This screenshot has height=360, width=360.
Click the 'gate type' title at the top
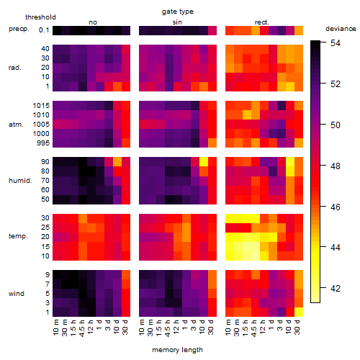pos(178,12)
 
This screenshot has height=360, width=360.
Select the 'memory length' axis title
pos(177,350)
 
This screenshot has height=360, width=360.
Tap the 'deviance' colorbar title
pos(341,29)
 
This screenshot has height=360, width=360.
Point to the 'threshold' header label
pos(40,17)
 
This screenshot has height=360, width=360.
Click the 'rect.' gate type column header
pos(262,22)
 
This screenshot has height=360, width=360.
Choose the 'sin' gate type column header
pos(177,22)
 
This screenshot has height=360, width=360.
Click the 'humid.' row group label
pos(20,181)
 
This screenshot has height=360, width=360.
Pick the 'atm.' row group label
pos(16,125)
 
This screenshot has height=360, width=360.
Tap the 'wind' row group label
pos(17,294)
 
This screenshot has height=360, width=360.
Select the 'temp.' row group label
pos(18,236)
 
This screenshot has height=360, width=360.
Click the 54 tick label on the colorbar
pos(336,43)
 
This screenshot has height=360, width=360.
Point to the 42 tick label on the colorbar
pos(336,288)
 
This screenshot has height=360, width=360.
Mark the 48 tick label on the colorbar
pos(336,166)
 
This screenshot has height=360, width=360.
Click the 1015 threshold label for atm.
pos(41,106)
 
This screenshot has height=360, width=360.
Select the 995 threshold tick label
pos(43,143)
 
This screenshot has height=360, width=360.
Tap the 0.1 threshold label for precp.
pos(44,30)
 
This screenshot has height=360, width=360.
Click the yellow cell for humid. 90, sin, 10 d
pos(204,162)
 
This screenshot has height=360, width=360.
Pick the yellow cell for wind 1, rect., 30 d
pos(299,312)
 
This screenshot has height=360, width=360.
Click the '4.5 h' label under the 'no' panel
pos(82,328)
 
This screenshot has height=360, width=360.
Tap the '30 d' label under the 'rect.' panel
pos(297,327)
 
